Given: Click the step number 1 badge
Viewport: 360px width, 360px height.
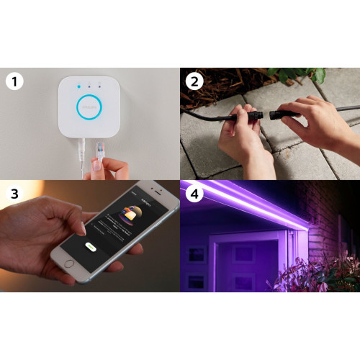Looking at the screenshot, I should [x=13, y=81].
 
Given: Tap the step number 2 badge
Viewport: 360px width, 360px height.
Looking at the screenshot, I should [x=192, y=81].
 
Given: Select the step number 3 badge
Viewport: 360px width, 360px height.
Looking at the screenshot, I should [x=13, y=193].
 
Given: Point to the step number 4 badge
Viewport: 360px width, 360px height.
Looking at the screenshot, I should [x=192, y=193].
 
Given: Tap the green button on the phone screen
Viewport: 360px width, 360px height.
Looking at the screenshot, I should [x=90, y=246].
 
